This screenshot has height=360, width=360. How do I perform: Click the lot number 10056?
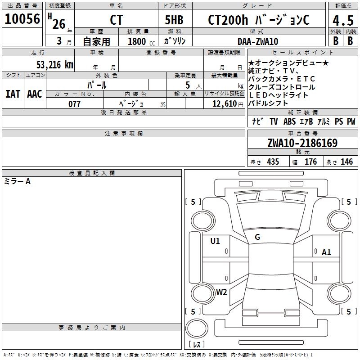pyautogui.click(x=22, y=19)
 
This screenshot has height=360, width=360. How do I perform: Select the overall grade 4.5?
pyautogui.click(x=342, y=20)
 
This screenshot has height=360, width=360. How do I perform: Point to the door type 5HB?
pyautogui.click(x=174, y=20)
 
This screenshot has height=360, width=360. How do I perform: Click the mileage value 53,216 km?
pyautogui.click(x=55, y=65)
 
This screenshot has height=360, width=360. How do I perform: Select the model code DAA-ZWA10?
pyautogui.click(x=257, y=41)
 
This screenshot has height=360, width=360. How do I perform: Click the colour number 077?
pyautogui.click(x=74, y=104)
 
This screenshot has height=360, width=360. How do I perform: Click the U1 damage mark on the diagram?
pyautogui.click(x=215, y=241)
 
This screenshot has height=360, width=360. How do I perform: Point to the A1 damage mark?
pyautogui.click(x=326, y=252)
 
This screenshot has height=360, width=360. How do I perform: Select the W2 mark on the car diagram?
pyautogui.click(x=221, y=292)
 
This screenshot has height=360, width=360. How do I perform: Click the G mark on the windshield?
pyautogui.click(x=257, y=237)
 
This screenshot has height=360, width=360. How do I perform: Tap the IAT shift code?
pyautogui.click(x=13, y=94)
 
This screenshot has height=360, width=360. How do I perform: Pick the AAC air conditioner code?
pyautogui.click(x=35, y=94)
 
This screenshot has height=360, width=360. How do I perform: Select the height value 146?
pyautogui.click(x=346, y=162)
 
